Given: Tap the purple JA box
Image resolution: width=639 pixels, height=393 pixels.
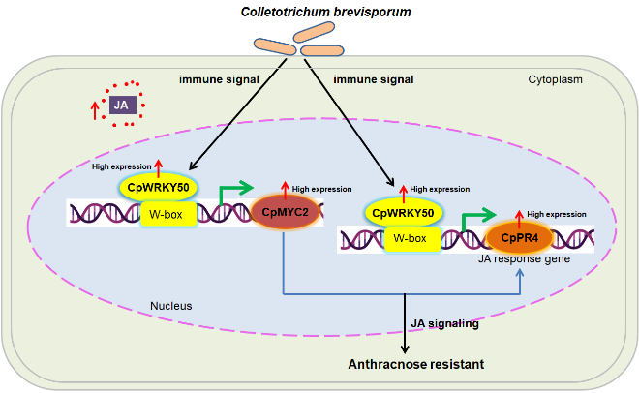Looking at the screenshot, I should pos(122,106).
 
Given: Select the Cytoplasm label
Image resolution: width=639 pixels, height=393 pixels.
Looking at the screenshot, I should pos(555,79).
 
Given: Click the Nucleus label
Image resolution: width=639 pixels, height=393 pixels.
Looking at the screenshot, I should pos(171,306).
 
